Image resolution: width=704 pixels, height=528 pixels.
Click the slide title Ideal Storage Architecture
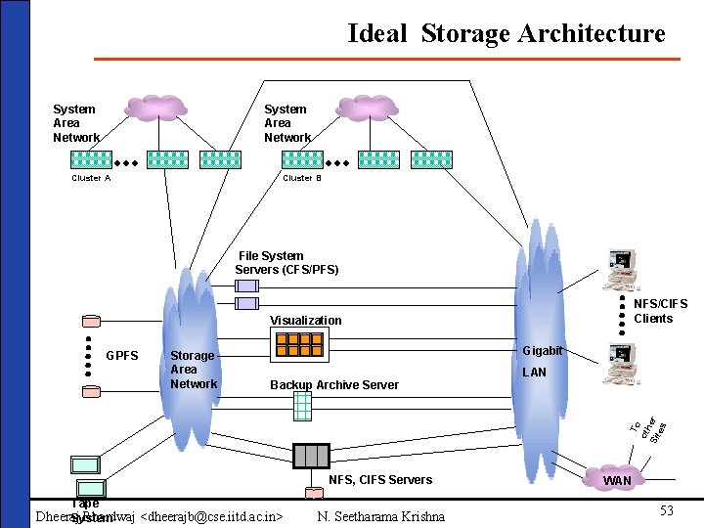506,33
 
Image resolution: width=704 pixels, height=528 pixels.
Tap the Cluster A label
91,178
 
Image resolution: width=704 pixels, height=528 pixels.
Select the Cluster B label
302,178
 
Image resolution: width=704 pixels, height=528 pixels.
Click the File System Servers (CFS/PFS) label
286,262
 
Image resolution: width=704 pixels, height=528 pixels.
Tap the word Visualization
306,320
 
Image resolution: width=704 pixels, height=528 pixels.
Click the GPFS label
122,355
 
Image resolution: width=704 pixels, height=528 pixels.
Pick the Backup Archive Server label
334,384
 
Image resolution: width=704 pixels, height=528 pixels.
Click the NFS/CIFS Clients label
653,311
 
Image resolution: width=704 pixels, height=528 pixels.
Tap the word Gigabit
542,350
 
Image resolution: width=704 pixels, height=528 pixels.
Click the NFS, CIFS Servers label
379,479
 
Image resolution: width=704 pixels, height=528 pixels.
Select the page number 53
666,510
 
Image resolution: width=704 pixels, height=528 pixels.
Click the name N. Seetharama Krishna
380,516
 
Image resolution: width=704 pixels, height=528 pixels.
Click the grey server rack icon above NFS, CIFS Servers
311,455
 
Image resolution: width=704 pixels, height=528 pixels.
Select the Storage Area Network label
194,370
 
